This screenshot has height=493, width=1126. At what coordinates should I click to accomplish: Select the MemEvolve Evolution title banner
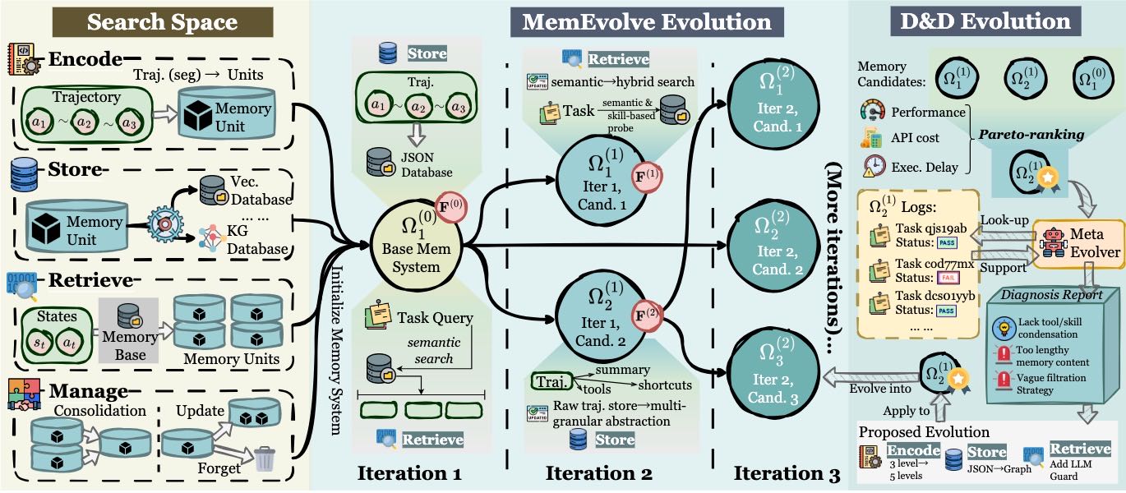click(x=646, y=21)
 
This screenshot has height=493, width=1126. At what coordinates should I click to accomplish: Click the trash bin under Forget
click(x=265, y=459)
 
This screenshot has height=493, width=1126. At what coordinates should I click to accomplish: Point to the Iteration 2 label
click(x=598, y=474)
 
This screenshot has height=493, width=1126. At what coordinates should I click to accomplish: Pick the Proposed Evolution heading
click(x=924, y=431)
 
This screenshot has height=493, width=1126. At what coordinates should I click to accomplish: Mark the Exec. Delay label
click(x=923, y=167)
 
